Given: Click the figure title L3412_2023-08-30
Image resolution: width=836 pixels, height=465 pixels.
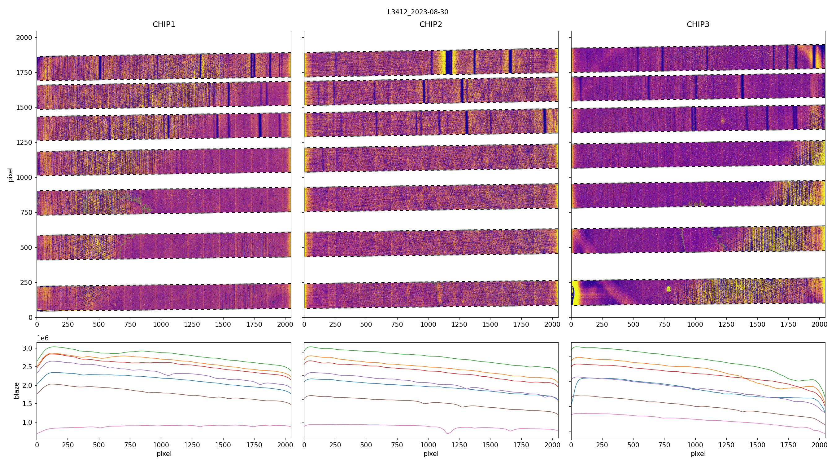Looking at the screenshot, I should [x=418, y=12].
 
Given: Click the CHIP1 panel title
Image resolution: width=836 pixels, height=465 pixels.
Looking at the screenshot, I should [x=164, y=24].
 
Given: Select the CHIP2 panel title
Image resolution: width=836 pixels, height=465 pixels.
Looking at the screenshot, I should [x=431, y=24].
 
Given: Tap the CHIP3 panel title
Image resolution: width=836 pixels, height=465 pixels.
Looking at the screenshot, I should [x=698, y=24].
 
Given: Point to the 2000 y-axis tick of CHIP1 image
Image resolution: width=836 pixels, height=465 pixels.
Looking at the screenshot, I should [x=24, y=38].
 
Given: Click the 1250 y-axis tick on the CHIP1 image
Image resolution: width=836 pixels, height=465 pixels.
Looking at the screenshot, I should [x=24, y=142].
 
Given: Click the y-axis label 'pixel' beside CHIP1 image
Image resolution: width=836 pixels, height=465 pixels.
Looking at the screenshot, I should [x=11, y=175].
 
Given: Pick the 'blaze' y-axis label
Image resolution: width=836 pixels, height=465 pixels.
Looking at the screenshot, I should [x=16, y=390].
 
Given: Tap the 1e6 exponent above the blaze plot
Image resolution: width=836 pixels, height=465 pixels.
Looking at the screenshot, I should [x=43, y=338].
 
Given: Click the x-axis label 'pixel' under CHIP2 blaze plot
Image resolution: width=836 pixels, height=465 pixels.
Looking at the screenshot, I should [x=431, y=454].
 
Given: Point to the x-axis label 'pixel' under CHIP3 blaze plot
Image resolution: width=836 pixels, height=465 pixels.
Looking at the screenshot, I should [x=698, y=454].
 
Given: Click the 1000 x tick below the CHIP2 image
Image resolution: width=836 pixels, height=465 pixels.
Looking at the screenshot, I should [x=428, y=324].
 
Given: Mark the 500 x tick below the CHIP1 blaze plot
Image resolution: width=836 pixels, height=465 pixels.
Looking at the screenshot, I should [x=99, y=445].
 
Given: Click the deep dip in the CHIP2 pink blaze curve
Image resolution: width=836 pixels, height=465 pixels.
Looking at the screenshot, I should [x=448, y=433].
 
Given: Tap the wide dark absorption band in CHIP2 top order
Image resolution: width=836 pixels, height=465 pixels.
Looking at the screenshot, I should [x=449, y=62].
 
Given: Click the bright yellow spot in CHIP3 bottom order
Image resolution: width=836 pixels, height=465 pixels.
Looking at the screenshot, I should [x=668, y=289].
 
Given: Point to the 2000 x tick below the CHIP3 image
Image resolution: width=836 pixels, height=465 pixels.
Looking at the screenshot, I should [x=820, y=324].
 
